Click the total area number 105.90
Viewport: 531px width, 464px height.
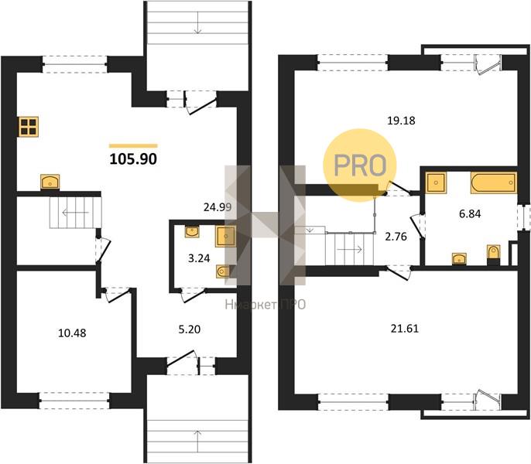pos(133,159)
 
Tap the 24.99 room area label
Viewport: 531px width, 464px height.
pos(218,206)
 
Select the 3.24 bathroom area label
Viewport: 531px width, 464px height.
pos(199,258)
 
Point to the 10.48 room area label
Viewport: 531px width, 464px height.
pos(72,333)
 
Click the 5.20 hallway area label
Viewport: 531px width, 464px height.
pos(190,329)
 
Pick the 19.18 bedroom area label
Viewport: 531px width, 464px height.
pos(401,121)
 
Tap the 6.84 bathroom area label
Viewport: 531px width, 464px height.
pos(470,214)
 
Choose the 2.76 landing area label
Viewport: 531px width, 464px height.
pos(396,237)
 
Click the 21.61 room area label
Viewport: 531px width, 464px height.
pos(405,329)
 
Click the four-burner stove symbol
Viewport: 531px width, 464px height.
pos(29,127)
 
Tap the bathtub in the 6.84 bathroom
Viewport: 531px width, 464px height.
pos(493,183)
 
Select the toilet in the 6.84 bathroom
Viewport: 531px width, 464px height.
pos(493,254)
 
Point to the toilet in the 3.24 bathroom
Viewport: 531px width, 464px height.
pos(223,271)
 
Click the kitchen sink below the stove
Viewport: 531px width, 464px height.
pos(50,182)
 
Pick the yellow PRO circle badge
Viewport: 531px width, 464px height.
pos(359,165)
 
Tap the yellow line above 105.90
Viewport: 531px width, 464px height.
pos(133,146)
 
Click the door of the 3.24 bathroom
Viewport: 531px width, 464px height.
pos(194,295)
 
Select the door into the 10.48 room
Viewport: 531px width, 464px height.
pos(118,295)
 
